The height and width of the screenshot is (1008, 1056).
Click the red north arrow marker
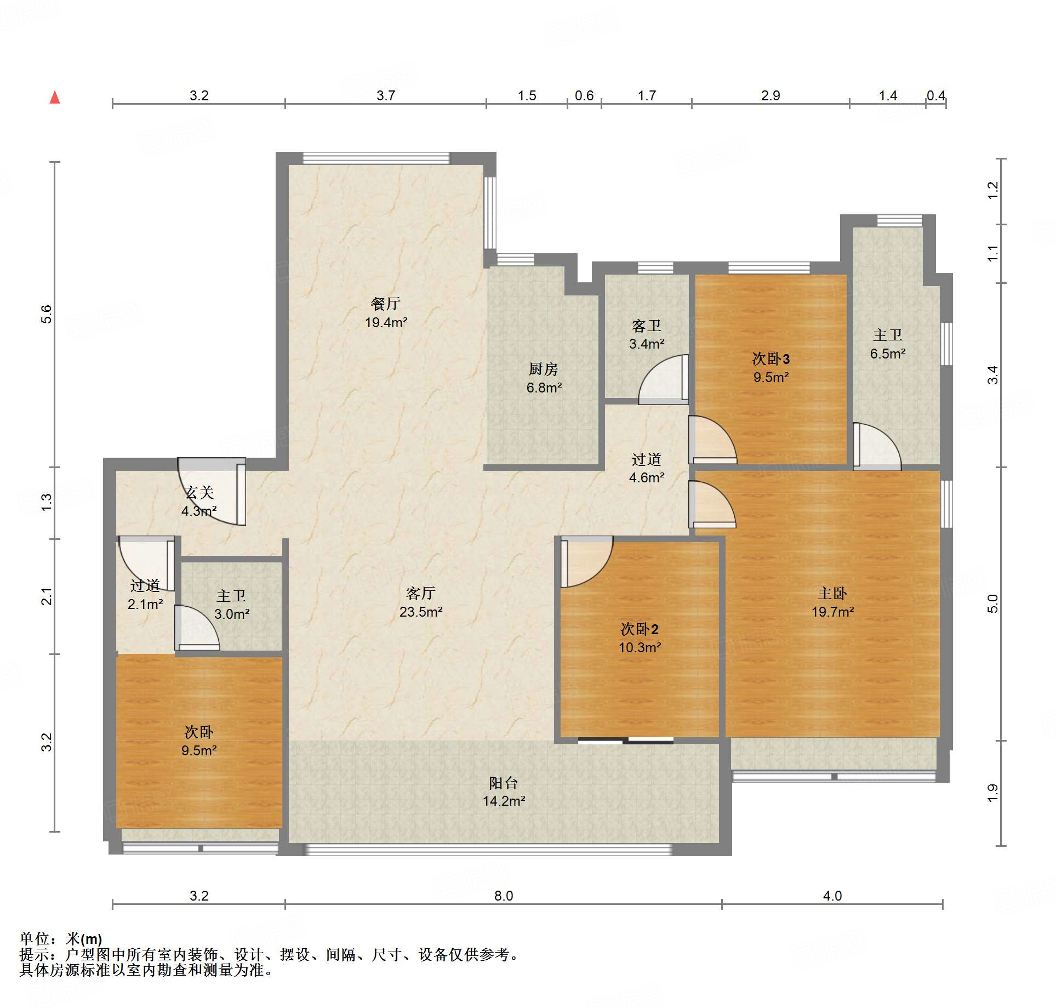[55, 98]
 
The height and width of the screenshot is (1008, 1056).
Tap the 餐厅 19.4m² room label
[386, 313]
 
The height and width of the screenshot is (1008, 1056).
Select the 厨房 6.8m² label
[544, 378]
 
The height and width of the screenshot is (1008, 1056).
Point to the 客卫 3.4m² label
[647, 335]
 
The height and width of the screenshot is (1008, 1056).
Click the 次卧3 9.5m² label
[771, 368]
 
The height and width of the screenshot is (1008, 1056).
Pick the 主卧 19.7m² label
[832, 602]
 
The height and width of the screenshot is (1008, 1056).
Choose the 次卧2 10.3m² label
[640, 638]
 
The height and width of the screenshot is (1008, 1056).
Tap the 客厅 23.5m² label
[421, 602]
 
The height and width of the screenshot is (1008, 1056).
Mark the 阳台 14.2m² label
[504, 791]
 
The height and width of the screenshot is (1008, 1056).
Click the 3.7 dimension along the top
[386, 96]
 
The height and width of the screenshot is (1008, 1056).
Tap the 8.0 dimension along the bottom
[504, 896]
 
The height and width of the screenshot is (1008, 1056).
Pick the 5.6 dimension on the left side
[47, 314]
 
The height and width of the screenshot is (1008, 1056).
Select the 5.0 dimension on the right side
[993, 603]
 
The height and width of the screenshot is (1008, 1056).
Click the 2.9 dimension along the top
[770, 96]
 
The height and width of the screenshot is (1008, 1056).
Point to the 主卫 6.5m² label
[888, 344]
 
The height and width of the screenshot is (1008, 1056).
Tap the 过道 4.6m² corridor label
[647, 468]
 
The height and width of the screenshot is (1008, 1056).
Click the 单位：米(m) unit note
[61, 939]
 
